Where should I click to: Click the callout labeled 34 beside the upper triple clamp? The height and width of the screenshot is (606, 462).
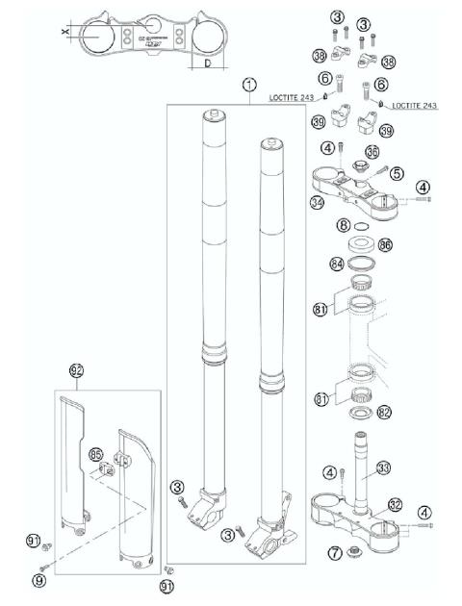point(314,201)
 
